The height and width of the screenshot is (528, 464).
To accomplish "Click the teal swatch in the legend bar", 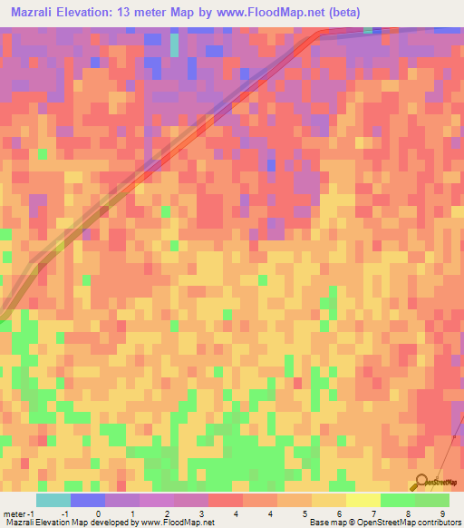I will click(x=53, y=500).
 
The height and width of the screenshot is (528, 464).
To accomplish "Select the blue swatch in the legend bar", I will click(x=88, y=500).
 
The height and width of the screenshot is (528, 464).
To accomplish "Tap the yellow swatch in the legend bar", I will click(x=363, y=500).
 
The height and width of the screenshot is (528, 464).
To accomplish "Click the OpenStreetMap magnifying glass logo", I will click(x=421, y=482).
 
